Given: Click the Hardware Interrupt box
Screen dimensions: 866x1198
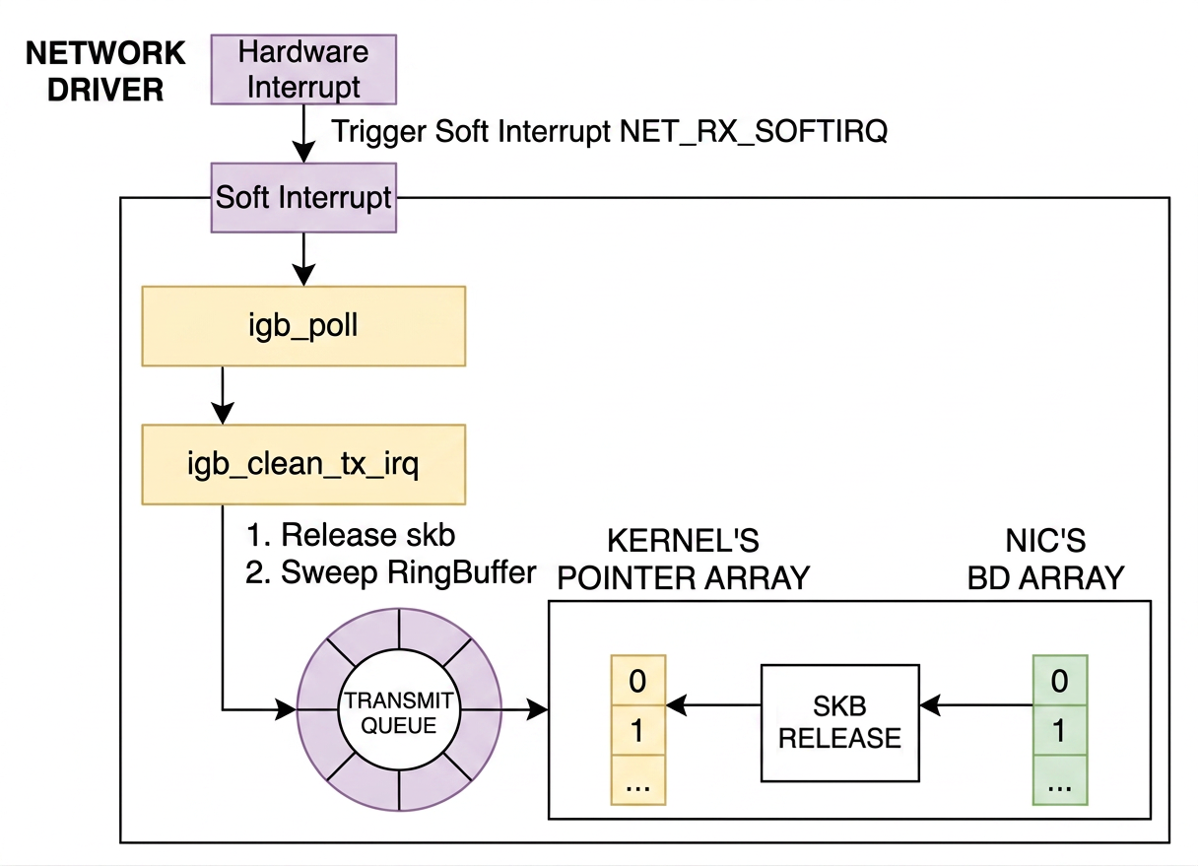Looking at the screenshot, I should (303, 69).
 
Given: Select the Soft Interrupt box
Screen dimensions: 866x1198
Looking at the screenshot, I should (303, 197).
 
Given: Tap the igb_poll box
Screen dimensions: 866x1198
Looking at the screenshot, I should (302, 326).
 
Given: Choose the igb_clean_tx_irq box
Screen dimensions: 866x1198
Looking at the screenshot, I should (302, 464).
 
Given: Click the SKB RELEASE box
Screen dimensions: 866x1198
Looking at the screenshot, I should (839, 722).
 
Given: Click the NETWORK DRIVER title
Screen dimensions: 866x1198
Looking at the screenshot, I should (105, 71).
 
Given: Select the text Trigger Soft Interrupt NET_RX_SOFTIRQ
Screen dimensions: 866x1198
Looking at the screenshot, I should (609, 131).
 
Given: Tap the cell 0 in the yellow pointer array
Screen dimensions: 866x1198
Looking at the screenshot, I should (637, 680).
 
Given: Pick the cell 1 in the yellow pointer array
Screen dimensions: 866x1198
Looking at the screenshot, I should (637, 730).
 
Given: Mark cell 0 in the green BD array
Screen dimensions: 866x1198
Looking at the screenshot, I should (1060, 680).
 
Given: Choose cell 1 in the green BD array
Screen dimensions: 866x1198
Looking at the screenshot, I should (1060, 730).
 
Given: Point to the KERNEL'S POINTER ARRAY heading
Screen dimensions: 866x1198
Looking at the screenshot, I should (683, 559).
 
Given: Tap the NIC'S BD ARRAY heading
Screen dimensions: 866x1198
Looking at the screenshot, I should (1045, 559).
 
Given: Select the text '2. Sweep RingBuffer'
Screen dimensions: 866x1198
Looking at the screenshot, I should (391, 572).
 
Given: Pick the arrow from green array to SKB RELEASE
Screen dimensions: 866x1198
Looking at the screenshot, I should (975, 705).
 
